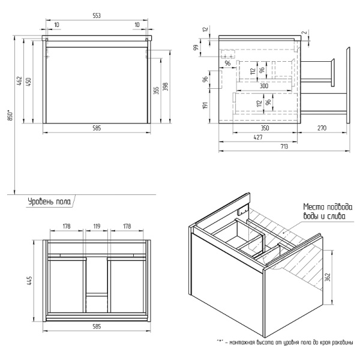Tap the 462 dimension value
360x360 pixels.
tap(19, 80)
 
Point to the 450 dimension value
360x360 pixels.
tap(29, 82)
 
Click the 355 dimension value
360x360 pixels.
tap(156, 90)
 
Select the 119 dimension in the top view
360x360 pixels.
tap(96, 227)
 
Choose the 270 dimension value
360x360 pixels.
tap(322, 128)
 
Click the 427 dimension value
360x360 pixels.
tap(256, 137)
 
